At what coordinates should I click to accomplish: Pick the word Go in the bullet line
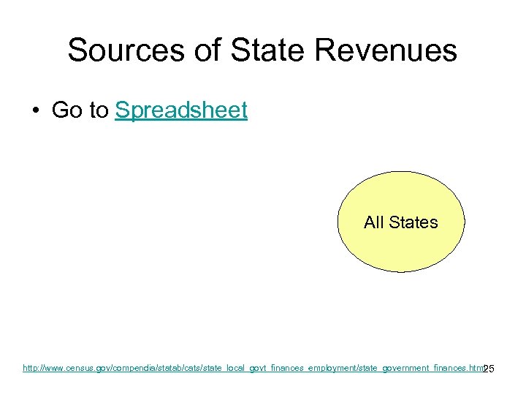click(66, 110)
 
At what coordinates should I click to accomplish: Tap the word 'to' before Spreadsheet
click(99, 110)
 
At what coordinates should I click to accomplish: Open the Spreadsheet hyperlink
click(181, 110)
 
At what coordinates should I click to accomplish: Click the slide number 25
click(489, 369)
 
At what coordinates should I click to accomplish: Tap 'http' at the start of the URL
click(30, 368)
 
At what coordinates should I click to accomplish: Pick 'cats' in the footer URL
click(187, 368)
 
